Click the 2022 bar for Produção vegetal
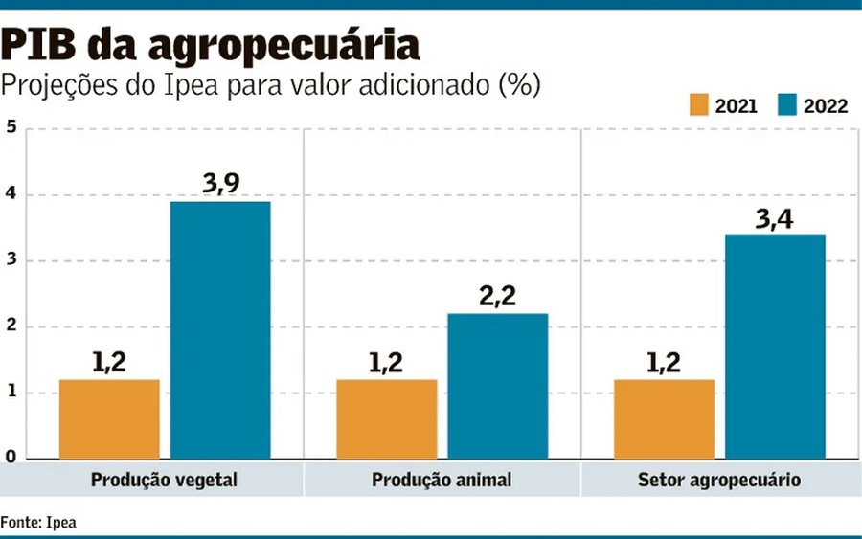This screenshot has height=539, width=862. (220, 330)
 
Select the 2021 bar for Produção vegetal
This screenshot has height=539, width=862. (109, 419)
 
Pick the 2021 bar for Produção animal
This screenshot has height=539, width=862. (386, 419)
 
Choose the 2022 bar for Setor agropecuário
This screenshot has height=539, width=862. (775, 347)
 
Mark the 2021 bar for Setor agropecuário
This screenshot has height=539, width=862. (664, 419)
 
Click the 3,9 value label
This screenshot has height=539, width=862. (221, 184)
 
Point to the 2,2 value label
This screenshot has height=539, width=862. (497, 296)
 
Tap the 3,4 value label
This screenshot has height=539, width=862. (776, 217)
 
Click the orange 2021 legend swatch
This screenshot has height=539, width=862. (697, 104)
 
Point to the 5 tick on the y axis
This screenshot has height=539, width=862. (11, 127)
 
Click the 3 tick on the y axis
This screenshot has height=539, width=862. (11, 260)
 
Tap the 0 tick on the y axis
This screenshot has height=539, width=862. (11, 458)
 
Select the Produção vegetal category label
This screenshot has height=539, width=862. (164, 479)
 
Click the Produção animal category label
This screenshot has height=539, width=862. (442, 479)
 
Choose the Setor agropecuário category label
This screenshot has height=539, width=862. (719, 479)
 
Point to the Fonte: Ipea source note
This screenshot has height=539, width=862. (38, 522)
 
